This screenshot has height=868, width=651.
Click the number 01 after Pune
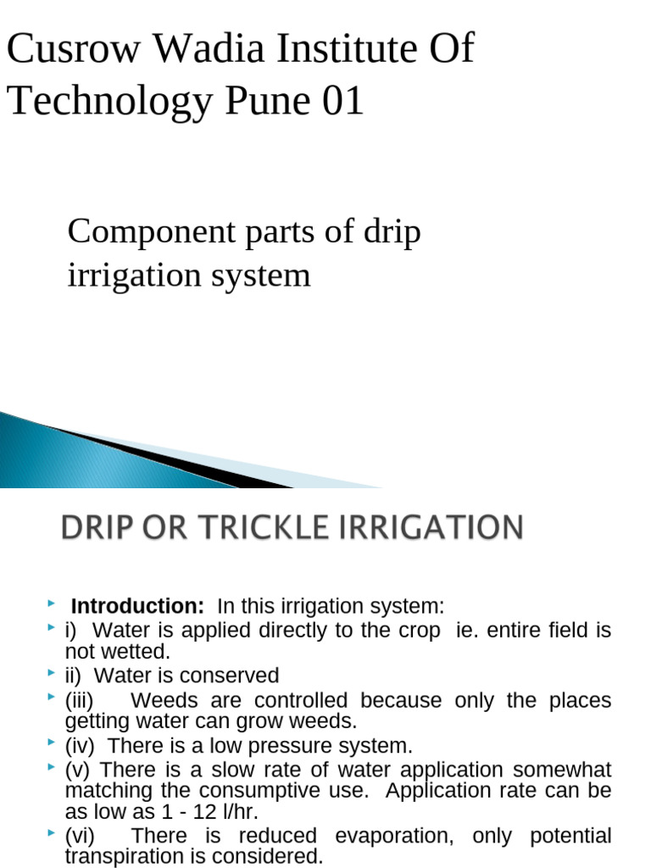(x=343, y=102)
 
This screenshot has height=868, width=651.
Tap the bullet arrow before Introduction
(x=52, y=604)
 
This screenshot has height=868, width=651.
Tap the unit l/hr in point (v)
(x=240, y=812)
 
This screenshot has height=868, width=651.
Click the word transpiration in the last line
(x=121, y=856)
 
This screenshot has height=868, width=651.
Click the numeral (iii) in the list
(x=80, y=701)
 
